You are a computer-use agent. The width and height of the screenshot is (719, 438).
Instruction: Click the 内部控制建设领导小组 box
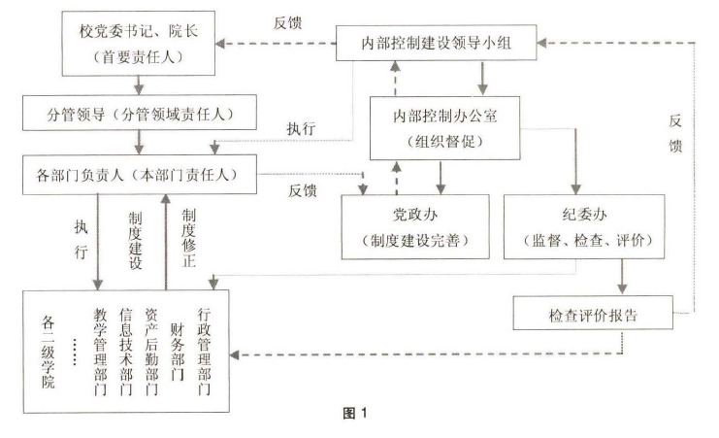pos(439,42)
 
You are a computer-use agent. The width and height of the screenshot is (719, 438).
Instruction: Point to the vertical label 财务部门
pos(177,340)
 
